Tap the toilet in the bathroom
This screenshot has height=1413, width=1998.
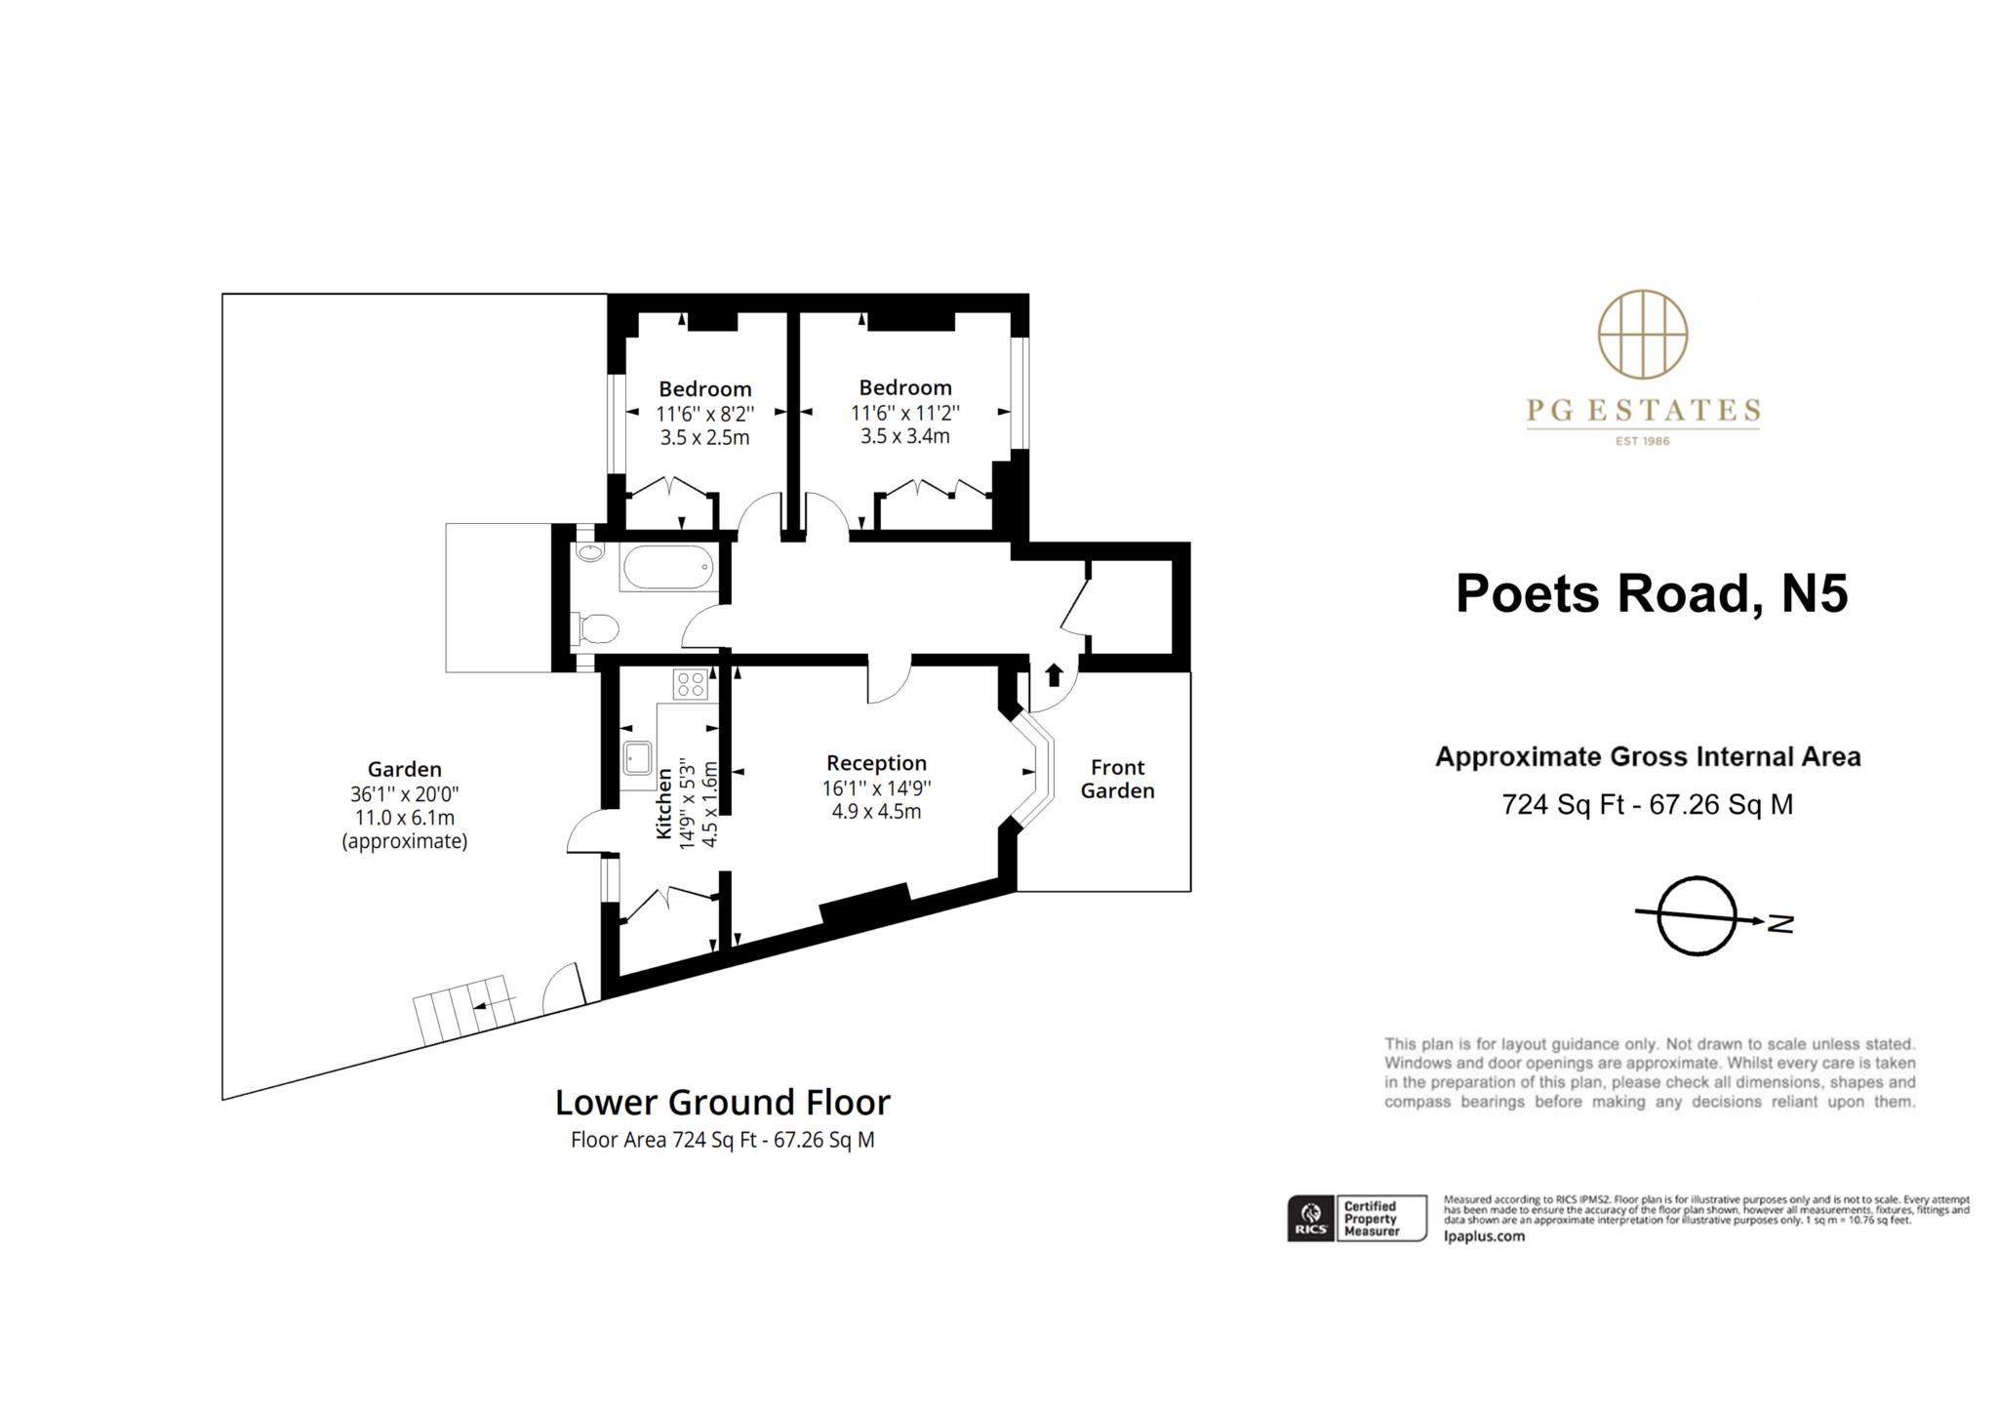pyautogui.click(x=596, y=628)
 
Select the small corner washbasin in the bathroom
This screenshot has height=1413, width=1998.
pyautogui.click(x=589, y=553)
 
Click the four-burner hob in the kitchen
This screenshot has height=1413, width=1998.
pyautogui.click(x=690, y=684)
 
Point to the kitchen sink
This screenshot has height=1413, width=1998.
pyautogui.click(x=638, y=757)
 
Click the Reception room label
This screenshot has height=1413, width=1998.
pyautogui.click(x=876, y=763)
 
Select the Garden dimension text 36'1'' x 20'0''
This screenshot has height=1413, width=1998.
pyautogui.click(x=404, y=794)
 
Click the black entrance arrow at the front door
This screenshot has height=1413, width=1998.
pyautogui.click(x=1054, y=674)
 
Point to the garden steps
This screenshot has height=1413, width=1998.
pyautogui.click(x=464, y=1009)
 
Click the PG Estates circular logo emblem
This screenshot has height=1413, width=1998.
pyautogui.click(x=1643, y=334)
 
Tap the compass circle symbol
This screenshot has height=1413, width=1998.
pyautogui.click(x=1697, y=915)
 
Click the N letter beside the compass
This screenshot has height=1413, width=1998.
pyautogui.click(x=1780, y=923)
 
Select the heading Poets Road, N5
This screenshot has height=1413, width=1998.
pyautogui.click(x=1651, y=593)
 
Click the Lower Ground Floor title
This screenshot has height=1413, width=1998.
pyautogui.click(x=722, y=1103)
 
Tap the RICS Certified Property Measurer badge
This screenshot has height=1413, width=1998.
pyautogui.click(x=1356, y=1219)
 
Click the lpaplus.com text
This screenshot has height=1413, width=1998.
pyautogui.click(x=1483, y=1236)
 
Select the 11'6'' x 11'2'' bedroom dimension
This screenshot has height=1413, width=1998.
pyautogui.click(x=904, y=413)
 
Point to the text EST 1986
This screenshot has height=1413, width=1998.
pyautogui.click(x=1642, y=441)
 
